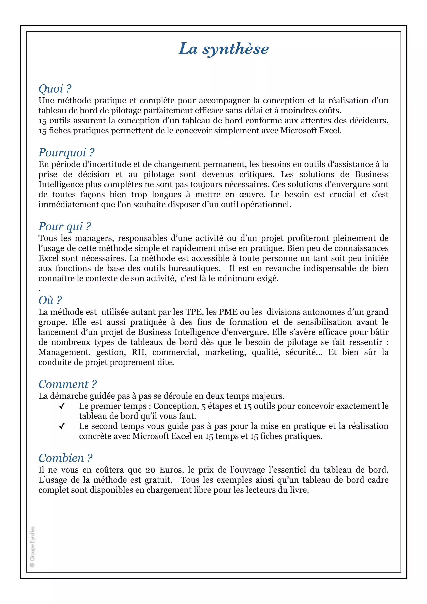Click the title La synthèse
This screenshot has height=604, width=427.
(224, 49)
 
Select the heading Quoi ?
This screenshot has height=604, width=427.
(55, 89)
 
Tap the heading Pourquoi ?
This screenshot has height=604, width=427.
(66, 153)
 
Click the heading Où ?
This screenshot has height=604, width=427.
(50, 300)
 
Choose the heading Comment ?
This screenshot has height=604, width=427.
(68, 384)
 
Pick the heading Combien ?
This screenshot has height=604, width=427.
(65, 458)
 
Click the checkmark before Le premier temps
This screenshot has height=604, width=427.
(62, 406)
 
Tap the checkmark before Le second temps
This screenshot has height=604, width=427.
(62, 426)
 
